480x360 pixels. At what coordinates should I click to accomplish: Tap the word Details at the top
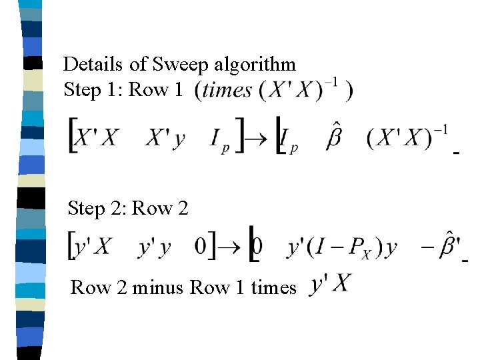pyautogui.click(x=93, y=65)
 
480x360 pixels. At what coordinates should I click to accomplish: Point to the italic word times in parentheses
pyautogui.click(x=227, y=90)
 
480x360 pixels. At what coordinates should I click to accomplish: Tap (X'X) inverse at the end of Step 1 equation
pyautogui.click(x=407, y=138)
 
